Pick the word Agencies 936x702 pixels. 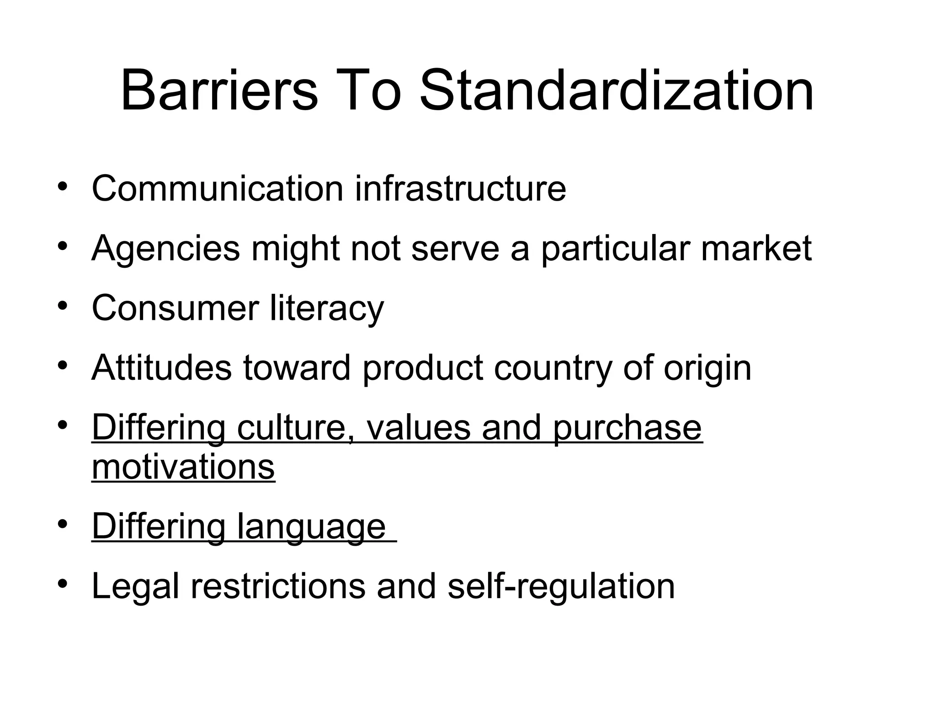point(165,248)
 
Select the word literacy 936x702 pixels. point(327,308)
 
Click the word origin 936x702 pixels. point(707,367)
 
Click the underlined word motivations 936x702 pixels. point(183,467)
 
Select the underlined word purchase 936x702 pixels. point(627,428)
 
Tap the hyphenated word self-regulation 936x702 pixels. point(561,586)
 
